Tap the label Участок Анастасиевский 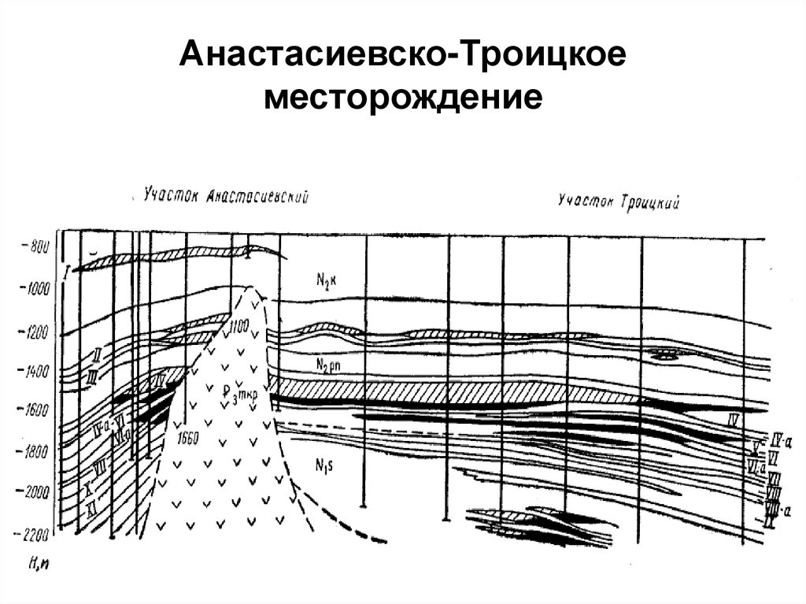225,195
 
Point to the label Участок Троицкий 619,202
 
